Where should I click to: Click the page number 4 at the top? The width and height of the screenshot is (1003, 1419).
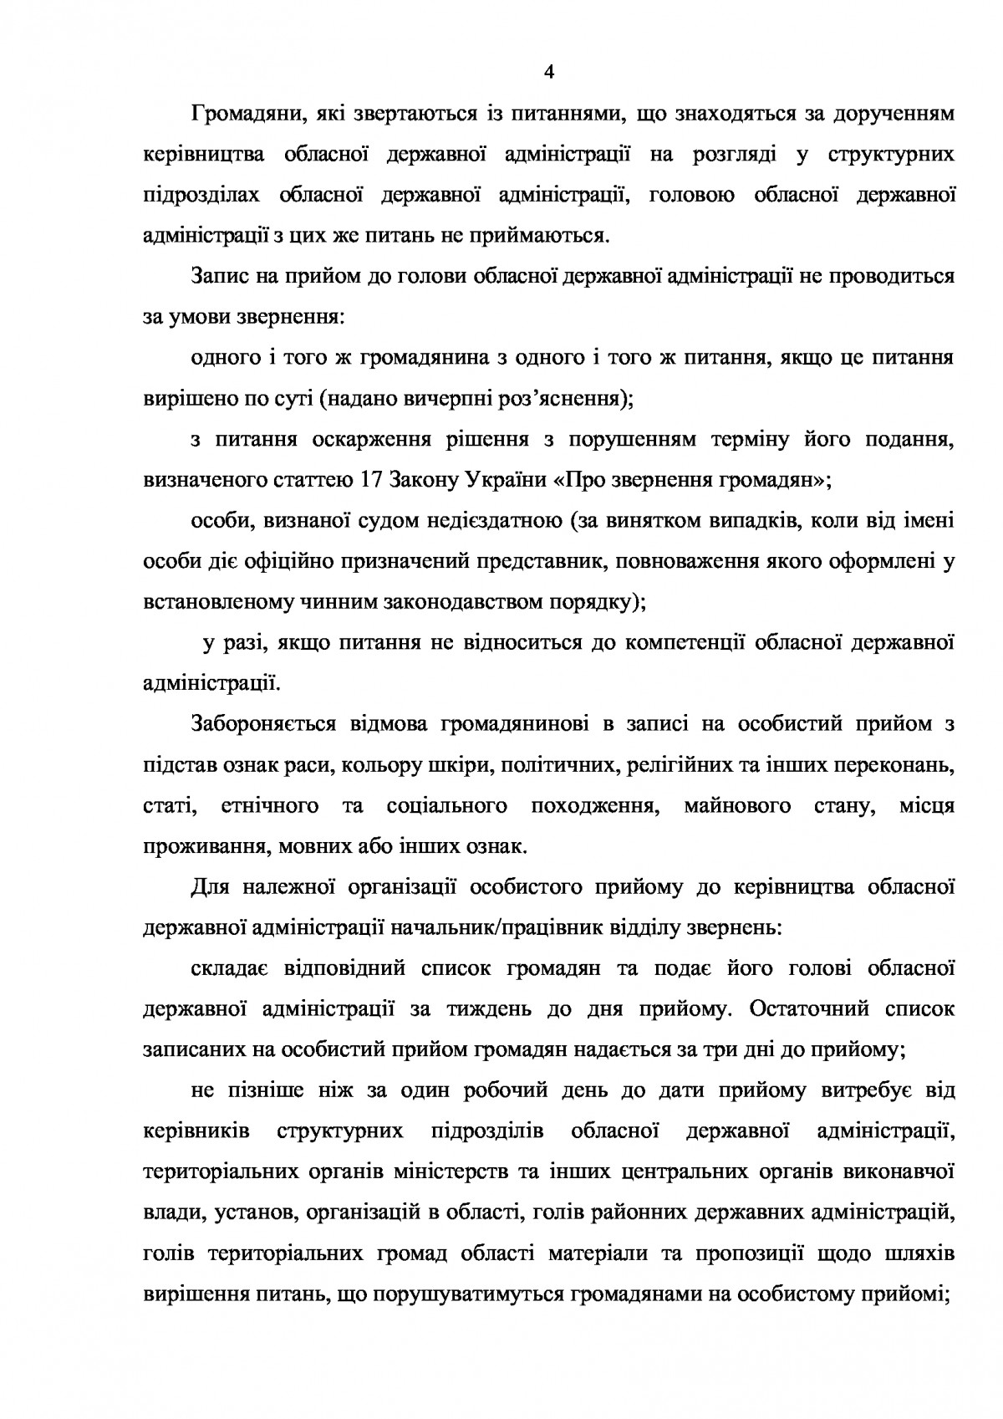[548, 72]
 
